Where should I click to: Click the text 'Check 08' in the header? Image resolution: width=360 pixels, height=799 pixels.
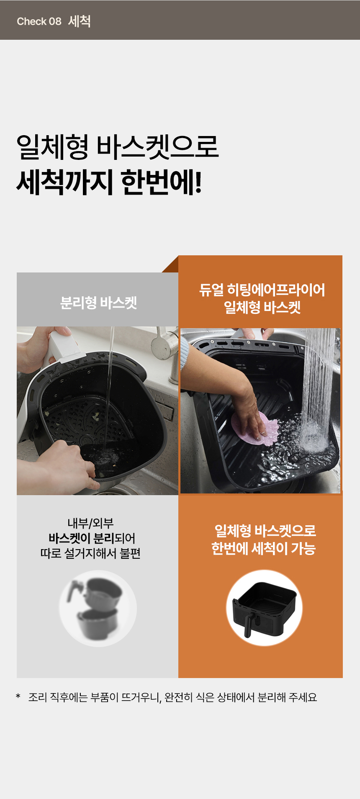click(x=39, y=21)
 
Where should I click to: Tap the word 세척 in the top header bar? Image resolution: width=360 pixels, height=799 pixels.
click(x=79, y=21)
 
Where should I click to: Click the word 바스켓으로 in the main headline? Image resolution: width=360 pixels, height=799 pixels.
click(x=158, y=147)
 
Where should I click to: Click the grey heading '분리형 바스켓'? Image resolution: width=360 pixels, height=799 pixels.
click(x=98, y=303)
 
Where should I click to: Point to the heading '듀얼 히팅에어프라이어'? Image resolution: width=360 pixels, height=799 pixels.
click(x=262, y=290)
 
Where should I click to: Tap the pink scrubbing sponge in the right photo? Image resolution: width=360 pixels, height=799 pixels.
click(x=255, y=429)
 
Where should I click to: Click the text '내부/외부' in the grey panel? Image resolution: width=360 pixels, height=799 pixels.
click(x=90, y=523)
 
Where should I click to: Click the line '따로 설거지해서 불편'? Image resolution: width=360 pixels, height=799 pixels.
click(x=90, y=553)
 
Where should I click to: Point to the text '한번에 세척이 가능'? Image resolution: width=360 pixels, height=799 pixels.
click(x=263, y=548)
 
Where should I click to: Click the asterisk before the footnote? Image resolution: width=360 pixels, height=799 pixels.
click(x=18, y=696)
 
